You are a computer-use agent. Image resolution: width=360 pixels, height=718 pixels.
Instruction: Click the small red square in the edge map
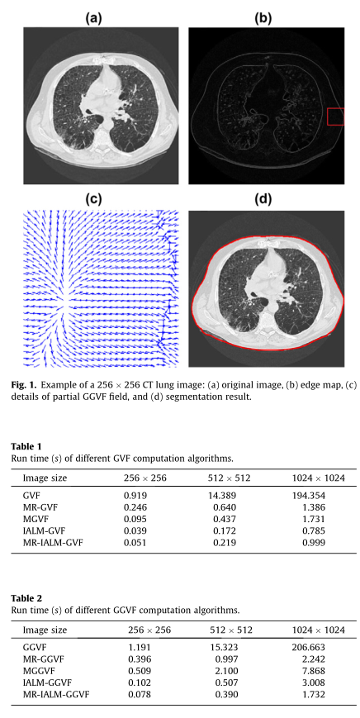334,116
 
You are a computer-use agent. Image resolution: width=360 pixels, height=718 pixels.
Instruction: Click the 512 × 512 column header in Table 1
232,478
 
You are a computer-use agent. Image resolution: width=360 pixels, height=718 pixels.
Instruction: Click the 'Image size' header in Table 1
45,478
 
